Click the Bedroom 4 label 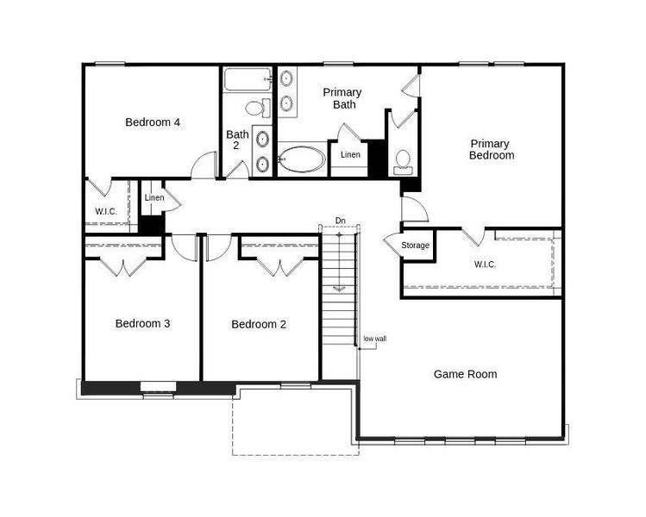pos(153,122)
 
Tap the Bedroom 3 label pos(142,324)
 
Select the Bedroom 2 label pos(259,325)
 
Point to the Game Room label pos(465,374)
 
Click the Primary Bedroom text pos(492,150)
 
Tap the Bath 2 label pos(238,140)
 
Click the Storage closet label pos(416,246)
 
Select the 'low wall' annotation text pos(375,339)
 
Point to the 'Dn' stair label pos(340,221)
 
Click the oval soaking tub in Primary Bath pos(303,160)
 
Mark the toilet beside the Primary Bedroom pos(403,162)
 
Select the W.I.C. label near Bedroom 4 pos(106,211)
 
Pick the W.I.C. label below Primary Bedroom pos(485,265)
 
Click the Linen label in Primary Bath pos(350,155)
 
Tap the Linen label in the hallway pos(154,199)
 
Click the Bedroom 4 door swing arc pos(204,163)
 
